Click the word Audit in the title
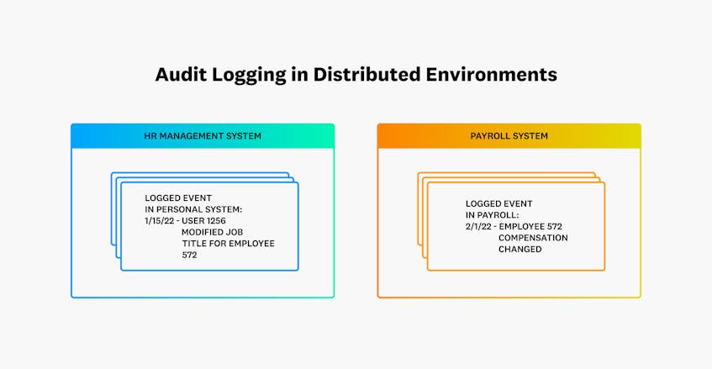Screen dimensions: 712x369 (x=181, y=75)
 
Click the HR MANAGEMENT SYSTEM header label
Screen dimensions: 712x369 (x=203, y=135)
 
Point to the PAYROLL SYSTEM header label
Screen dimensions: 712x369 (x=509, y=135)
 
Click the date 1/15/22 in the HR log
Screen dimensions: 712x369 (x=160, y=220)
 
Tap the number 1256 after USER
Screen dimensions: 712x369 (x=215, y=220)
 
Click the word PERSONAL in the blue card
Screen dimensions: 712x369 (x=178, y=209)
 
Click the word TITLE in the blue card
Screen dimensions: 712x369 (x=194, y=243)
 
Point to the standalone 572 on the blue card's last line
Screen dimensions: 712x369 (x=189, y=255)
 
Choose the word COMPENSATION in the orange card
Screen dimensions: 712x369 (x=533, y=237)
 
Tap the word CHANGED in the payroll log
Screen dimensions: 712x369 (x=520, y=249)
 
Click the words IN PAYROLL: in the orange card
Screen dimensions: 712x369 (x=493, y=214)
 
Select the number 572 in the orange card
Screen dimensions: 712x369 (x=555, y=226)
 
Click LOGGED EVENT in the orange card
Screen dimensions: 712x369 (x=499, y=203)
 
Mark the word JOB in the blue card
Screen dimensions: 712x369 (x=234, y=232)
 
